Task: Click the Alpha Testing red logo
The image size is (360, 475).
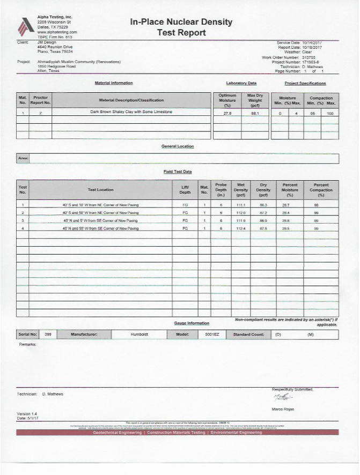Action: click(26, 26)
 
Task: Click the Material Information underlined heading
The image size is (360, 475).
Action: click(113, 83)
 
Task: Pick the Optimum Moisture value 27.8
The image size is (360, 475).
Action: click(227, 113)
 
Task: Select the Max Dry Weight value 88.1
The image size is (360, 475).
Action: click(255, 113)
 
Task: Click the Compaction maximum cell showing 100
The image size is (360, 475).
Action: click(330, 113)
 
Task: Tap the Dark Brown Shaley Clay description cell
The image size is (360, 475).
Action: click(131, 113)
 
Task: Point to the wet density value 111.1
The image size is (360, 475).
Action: click(240, 205)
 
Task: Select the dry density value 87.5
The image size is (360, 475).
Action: click(263, 228)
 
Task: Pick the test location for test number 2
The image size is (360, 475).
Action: click(101, 213)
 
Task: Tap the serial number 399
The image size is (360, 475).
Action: click(47, 334)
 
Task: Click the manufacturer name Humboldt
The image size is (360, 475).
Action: click(138, 334)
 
